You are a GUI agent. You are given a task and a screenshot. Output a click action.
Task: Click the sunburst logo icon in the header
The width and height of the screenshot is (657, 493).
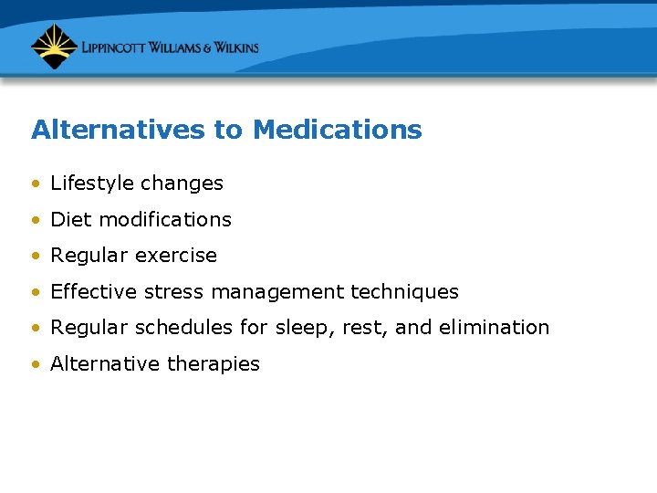pyautogui.click(x=54, y=47)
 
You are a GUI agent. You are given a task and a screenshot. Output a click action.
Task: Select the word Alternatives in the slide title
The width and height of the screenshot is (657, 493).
pyautogui.click(x=119, y=130)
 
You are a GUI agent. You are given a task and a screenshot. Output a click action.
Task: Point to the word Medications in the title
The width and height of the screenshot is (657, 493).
pyautogui.click(x=337, y=130)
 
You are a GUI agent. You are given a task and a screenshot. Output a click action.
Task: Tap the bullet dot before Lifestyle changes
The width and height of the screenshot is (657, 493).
pyautogui.click(x=35, y=184)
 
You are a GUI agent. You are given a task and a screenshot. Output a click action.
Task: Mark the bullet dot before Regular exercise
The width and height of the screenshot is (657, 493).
pyautogui.click(x=35, y=257)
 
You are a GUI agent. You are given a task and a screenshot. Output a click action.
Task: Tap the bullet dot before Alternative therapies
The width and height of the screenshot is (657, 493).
pyautogui.click(x=35, y=364)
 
